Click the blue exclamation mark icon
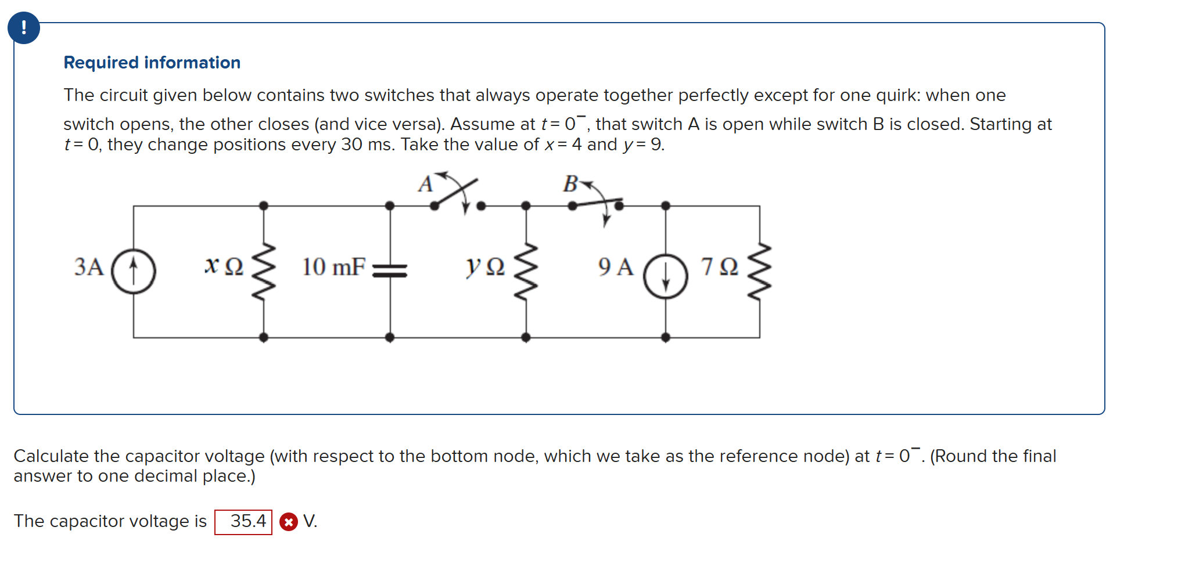(x=24, y=28)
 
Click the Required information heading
(x=152, y=63)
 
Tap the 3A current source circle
(x=134, y=271)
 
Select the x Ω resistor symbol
(x=264, y=271)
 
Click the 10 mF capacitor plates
(x=390, y=270)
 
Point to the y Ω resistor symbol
(x=526, y=271)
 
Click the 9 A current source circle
(x=666, y=276)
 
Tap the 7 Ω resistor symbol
(x=760, y=271)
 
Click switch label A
(x=426, y=185)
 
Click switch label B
(x=570, y=184)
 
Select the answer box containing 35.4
(x=243, y=521)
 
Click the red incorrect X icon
(x=288, y=522)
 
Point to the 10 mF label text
(x=333, y=267)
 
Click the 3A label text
(x=89, y=267)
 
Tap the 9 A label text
(x=616, y=267)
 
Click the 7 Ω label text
(x=720, y=267)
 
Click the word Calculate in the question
(x=51, y=456)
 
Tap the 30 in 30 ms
(x=351, y=145)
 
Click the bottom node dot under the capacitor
(x=390, y=337)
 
